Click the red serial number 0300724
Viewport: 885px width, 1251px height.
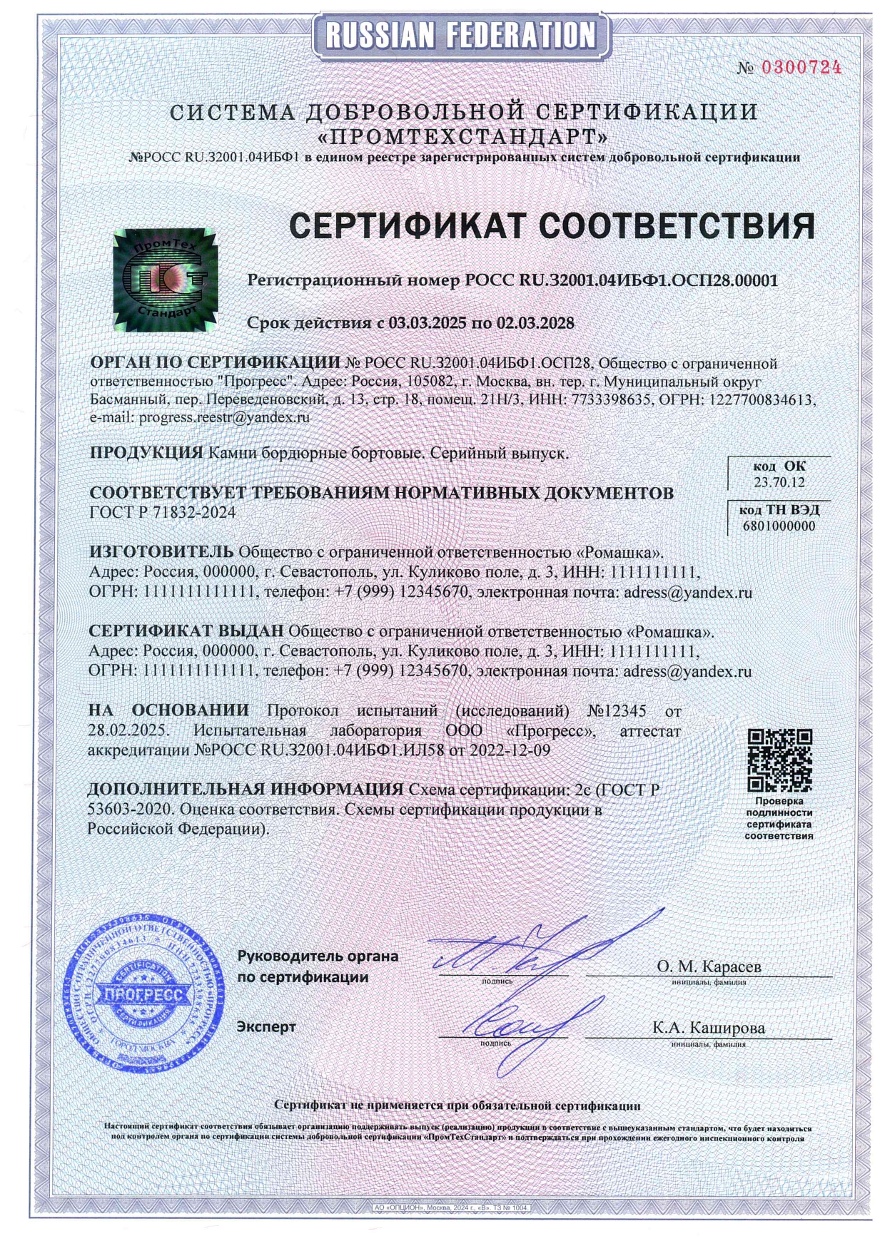[x=801, y=68]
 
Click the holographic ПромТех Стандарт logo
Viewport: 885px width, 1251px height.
[x=164, y=280]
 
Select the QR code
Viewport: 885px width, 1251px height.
[x=779, y=760]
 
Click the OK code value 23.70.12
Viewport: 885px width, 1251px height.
[x=779, y=483]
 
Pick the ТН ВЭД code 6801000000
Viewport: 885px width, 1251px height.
[x=779, y=526]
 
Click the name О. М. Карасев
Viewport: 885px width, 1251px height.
[x=709, y=966]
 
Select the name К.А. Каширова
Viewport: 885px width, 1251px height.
[x=709, y=1028]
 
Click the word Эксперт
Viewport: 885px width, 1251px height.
[x=266, y=1027]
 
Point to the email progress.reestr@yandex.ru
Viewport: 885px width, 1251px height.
[x=224, y=418]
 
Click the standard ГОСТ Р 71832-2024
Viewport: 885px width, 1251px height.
[x=163, y=513]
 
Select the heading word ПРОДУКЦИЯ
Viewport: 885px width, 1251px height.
[x=146, y=452]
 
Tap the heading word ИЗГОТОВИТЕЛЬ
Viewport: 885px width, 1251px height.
[x=161, y=551]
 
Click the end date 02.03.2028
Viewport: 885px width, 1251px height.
[x=535, y=323]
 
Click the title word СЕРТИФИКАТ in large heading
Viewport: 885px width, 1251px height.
[x=408, y=226]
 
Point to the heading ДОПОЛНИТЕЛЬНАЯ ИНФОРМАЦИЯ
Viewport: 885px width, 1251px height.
[x=246, y=790]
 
